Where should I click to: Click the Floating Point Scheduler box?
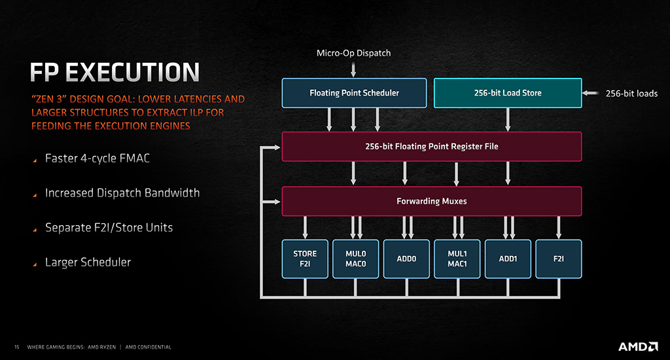coord(354,93)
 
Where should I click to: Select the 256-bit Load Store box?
coord(508,93)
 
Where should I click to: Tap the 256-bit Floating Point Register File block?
coord(432,146)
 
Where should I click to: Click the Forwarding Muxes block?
coord(432,201)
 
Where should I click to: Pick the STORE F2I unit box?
coord(305,259)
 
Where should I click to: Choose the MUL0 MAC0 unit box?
coord(355,259)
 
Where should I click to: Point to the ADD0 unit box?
coord(406,259)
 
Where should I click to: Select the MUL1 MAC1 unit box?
coord(457,259)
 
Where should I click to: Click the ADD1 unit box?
coord(508,259)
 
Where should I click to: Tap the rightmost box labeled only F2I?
coord(559,259)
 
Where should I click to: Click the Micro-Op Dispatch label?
coord(353,53)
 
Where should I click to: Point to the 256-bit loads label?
coord(631,93)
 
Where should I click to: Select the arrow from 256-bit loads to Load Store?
coord(590,93)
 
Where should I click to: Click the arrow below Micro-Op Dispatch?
coord(353,69)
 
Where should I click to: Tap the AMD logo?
coord(638,346)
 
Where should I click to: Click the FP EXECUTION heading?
coord(115,72)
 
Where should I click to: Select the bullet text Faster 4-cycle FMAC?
coord(97,158)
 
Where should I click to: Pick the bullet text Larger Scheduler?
coord(88,262)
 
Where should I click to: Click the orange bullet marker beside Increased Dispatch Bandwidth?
coord(35,196)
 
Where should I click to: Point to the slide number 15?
coord(17,347)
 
